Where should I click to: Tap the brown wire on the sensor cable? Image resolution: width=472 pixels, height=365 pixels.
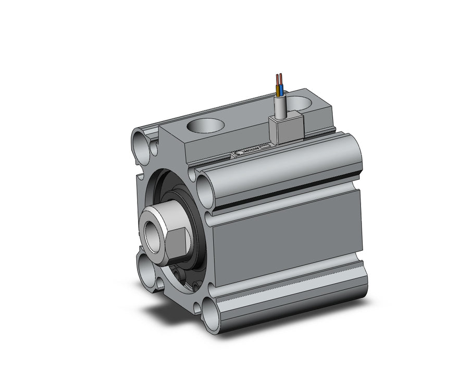278,83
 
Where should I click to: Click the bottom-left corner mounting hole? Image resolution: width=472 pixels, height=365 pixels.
149,266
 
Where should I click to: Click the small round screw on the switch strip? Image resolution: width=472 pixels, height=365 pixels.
239,153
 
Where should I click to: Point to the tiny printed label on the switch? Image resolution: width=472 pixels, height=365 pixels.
253,150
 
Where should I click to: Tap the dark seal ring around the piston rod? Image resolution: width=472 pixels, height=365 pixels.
195,229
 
